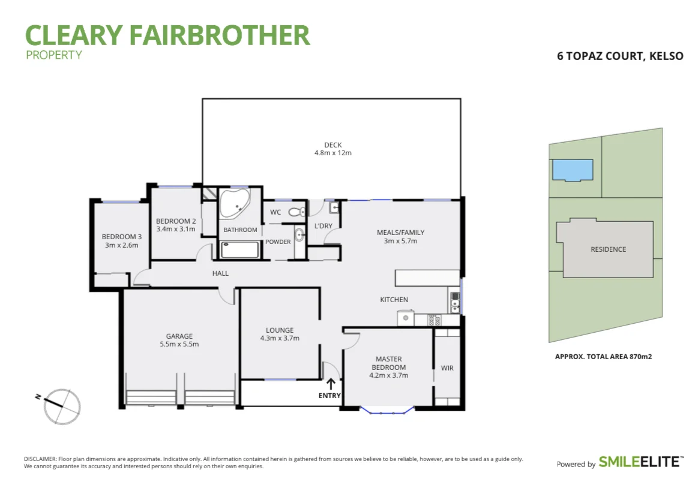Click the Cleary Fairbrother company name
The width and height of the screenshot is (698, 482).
coord(167,35)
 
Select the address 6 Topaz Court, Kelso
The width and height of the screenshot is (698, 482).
coord(620,56)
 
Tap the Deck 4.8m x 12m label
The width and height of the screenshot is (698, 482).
coord(332,149)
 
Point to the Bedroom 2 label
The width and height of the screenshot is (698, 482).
coord(175,225)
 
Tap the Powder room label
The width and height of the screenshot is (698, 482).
coord(278,242)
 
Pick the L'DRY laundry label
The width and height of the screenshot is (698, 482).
coord(323,226)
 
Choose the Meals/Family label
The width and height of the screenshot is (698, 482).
coord(400,236)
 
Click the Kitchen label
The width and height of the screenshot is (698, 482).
coord(394,300)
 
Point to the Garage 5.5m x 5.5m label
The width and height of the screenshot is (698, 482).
coord(179,340)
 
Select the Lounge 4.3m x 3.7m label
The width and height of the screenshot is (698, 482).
coord(280,334)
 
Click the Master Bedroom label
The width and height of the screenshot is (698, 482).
coord(388,367)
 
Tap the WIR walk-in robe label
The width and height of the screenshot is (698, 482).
coord(447,367)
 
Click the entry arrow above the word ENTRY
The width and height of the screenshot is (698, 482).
coord(330,383)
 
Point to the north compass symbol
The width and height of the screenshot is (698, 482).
coord(62,406)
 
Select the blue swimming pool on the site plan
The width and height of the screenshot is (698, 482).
coord(572,170)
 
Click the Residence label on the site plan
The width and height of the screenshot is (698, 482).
coord(608,249)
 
